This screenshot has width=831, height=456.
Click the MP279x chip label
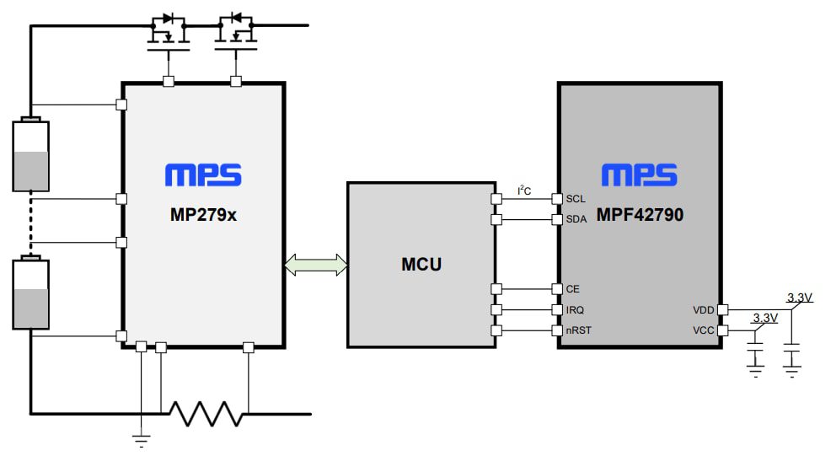(x=203, y=215)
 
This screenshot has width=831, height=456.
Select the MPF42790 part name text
(x=641, y=215)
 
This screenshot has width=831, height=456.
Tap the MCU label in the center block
(x=421, y=265)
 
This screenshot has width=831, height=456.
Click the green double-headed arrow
(x=316, y=265)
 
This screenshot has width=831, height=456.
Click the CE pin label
(x=573, y=288)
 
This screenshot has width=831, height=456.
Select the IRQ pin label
(x=576, y=310)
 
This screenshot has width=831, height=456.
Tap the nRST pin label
(x=579, y=330)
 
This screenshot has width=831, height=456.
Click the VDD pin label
(x=703, y=310)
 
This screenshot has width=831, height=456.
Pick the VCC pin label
(x=703, y=330)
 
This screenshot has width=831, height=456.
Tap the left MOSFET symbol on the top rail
(x=168, y=31)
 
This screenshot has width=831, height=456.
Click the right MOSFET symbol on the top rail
(x=235, y=31)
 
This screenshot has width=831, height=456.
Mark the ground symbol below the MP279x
(x=142, y=439)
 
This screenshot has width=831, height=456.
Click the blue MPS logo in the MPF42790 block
(x=640, y=175)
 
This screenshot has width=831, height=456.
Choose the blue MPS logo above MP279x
(x=203, y=175)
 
